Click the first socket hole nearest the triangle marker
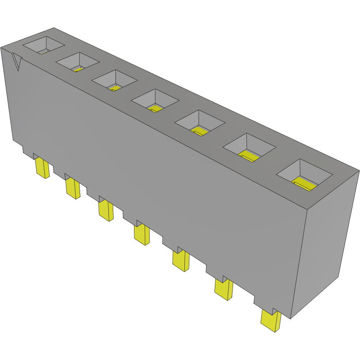pyautogui.click(x=43, y=45)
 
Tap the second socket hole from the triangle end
pyautogui.click(x=77, y=62)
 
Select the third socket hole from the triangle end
pyautogui.click(x=114, y=80)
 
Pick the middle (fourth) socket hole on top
pyautogui.click(x=155, y=101)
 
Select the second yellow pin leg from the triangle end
pyautogui.click(x=73, y=188)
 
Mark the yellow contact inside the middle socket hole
pyautogui.click(x=155, y=108)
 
